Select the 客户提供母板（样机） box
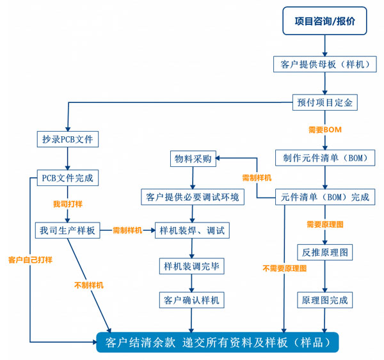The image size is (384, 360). tap(324, 65)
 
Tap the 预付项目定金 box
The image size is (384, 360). tap(324, 102)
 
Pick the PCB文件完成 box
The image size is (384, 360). tap(67, 177)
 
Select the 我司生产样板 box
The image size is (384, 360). tap(67, 230)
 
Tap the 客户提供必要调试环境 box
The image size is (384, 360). tap(192, 197)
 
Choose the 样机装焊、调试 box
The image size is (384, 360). tap(192, 230)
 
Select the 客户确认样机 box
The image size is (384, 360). tap(192, 299)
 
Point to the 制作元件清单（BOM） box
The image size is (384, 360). tap(324, 157)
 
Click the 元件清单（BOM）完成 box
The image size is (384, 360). tap(324, 197)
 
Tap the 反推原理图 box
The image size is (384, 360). tap(324, 252)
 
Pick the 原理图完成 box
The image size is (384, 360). tap(324, 299)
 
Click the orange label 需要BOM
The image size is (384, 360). tap(324, 130)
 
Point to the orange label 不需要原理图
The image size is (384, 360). tap(284, 269)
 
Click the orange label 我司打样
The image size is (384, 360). tap(67, 204)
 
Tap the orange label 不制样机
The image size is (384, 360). tap(88, 285)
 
